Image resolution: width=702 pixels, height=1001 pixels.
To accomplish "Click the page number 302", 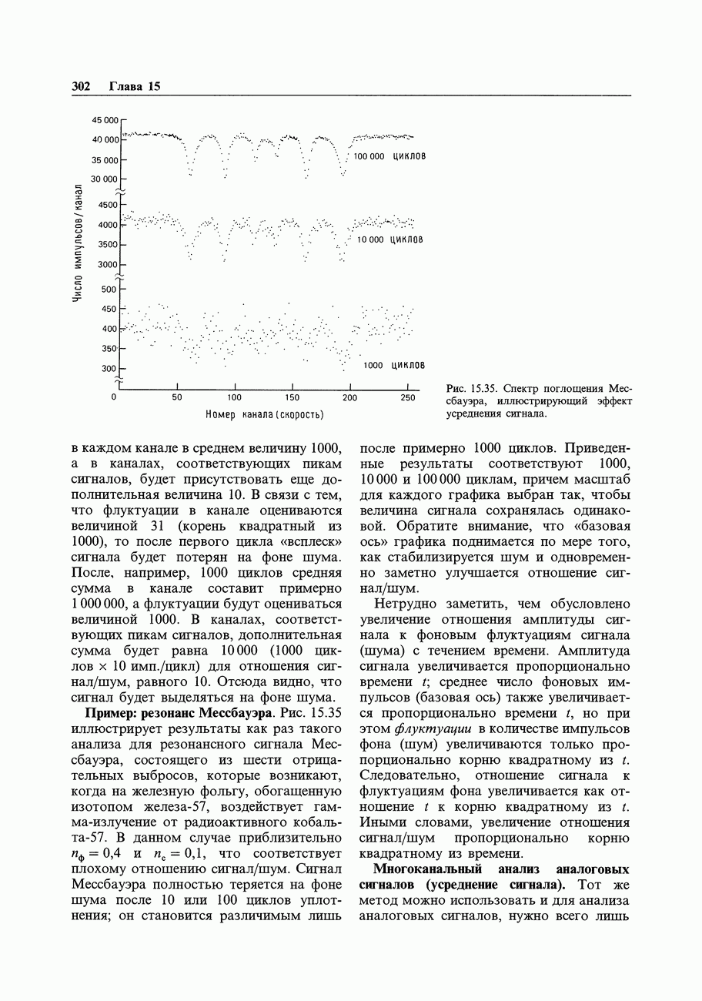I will point(81,86).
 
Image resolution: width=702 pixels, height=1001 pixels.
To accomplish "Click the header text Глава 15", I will point(135,86).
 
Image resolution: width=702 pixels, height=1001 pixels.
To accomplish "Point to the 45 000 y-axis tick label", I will point(106,120).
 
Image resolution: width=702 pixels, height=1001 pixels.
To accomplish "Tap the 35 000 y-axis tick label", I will point(106,160).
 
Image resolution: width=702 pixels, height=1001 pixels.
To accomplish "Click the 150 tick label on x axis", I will point(292,398).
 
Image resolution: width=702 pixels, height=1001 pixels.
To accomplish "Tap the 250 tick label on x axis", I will point(407,398).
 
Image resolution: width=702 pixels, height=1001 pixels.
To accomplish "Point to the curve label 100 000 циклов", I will point(389,156).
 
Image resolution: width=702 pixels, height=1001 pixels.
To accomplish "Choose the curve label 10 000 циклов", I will point(390,239).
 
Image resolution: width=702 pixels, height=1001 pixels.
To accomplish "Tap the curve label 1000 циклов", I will point(394,365).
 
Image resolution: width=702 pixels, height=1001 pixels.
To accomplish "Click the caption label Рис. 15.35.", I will point(472,388).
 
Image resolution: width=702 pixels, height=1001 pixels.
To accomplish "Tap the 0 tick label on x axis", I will point(114,398).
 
